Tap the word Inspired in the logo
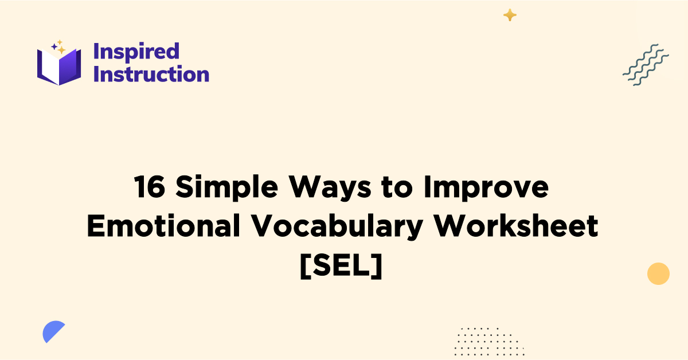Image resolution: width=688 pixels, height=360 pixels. [136, 51]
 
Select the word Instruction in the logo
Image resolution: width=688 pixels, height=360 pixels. [151, 74]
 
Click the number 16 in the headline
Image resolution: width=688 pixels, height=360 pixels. [151, 187]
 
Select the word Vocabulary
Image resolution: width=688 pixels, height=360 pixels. [339, 228]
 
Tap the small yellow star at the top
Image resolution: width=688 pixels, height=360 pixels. [510, 15]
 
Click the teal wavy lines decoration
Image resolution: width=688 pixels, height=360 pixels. [646, 65]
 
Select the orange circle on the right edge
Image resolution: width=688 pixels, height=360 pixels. [658, 273]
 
